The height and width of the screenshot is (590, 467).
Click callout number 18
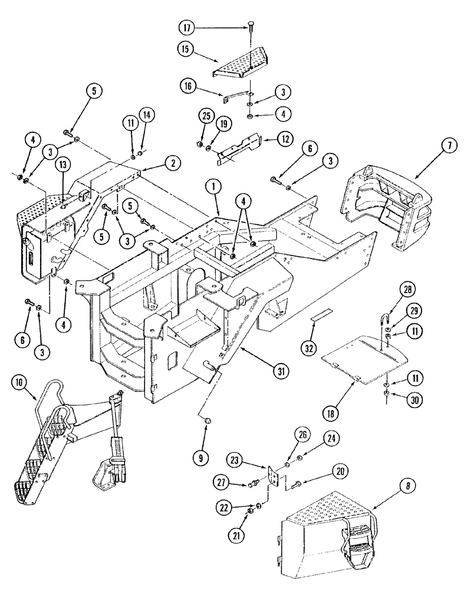click(332, 414)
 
